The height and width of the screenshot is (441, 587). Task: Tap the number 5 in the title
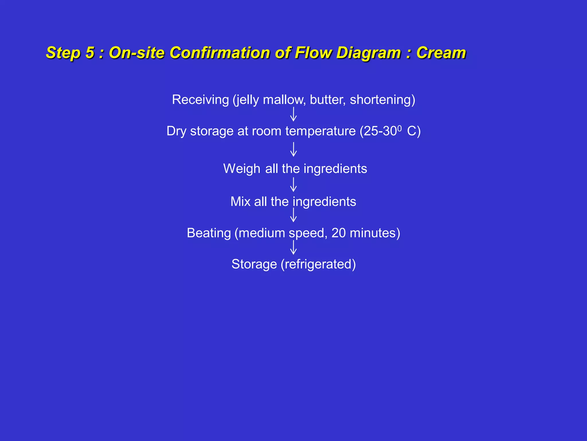point(90,53)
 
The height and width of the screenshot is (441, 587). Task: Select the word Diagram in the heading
point(368,53)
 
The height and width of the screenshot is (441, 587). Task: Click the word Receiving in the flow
point(200,100)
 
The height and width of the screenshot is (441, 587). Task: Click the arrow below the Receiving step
point(293,114)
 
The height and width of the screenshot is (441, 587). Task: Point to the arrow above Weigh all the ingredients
point(293,149)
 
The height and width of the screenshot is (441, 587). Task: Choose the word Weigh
point(242,169)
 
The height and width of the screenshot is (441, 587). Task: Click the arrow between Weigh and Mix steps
point(293,185)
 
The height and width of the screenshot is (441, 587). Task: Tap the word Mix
point(240,202)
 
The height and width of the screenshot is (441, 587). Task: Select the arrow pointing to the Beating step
point(293,215)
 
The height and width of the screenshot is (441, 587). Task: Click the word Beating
point(209,233)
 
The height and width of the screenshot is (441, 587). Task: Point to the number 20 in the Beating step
point(338,233)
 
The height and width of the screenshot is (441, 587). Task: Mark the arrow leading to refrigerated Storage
point(293,247)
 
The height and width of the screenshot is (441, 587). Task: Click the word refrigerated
point(318,264)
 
